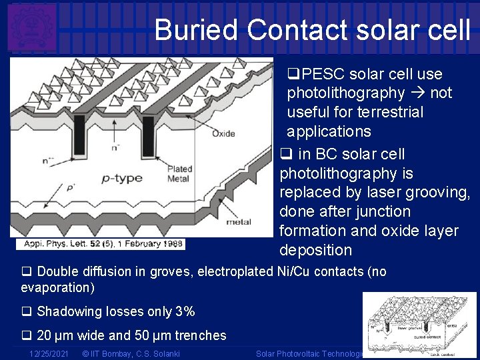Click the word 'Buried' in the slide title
(195, 30)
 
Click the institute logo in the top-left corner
(31, 27)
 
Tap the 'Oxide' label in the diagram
(223, 133)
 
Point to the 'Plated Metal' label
(179, 174)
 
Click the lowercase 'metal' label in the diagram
(239, 221)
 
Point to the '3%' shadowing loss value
(183, 311)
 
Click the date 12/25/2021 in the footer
(49, 353)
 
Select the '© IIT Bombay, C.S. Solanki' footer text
(130, 353)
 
